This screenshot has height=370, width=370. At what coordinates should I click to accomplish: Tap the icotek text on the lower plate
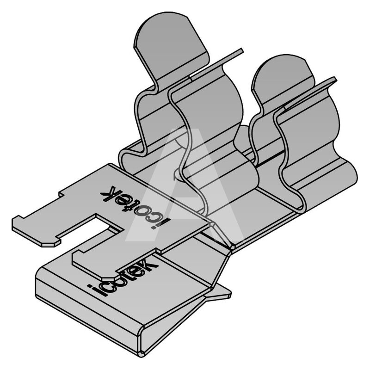click(123, 276)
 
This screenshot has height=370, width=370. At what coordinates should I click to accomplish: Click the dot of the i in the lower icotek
click(91, 286)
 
